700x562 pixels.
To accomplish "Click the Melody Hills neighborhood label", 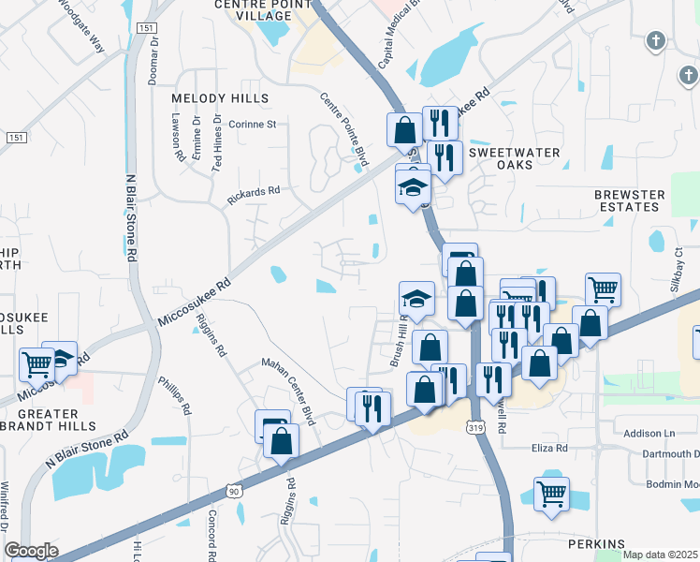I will point(220,98).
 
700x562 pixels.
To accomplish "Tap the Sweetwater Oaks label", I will point(514,158).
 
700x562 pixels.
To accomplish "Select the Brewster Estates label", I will point(629,200).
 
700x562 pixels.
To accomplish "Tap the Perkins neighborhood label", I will point(595,544).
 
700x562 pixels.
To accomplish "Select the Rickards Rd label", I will point(254,195).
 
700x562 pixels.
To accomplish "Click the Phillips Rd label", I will point(174,396).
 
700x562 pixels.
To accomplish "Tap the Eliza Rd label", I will point(549,449).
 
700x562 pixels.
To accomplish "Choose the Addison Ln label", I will point(649,434).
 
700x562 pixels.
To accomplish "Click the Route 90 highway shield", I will point(234,490).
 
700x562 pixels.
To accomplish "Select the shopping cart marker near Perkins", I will point(551,493).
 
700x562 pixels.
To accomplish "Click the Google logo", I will point(31,551).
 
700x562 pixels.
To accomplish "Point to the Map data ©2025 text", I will point(661,555).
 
